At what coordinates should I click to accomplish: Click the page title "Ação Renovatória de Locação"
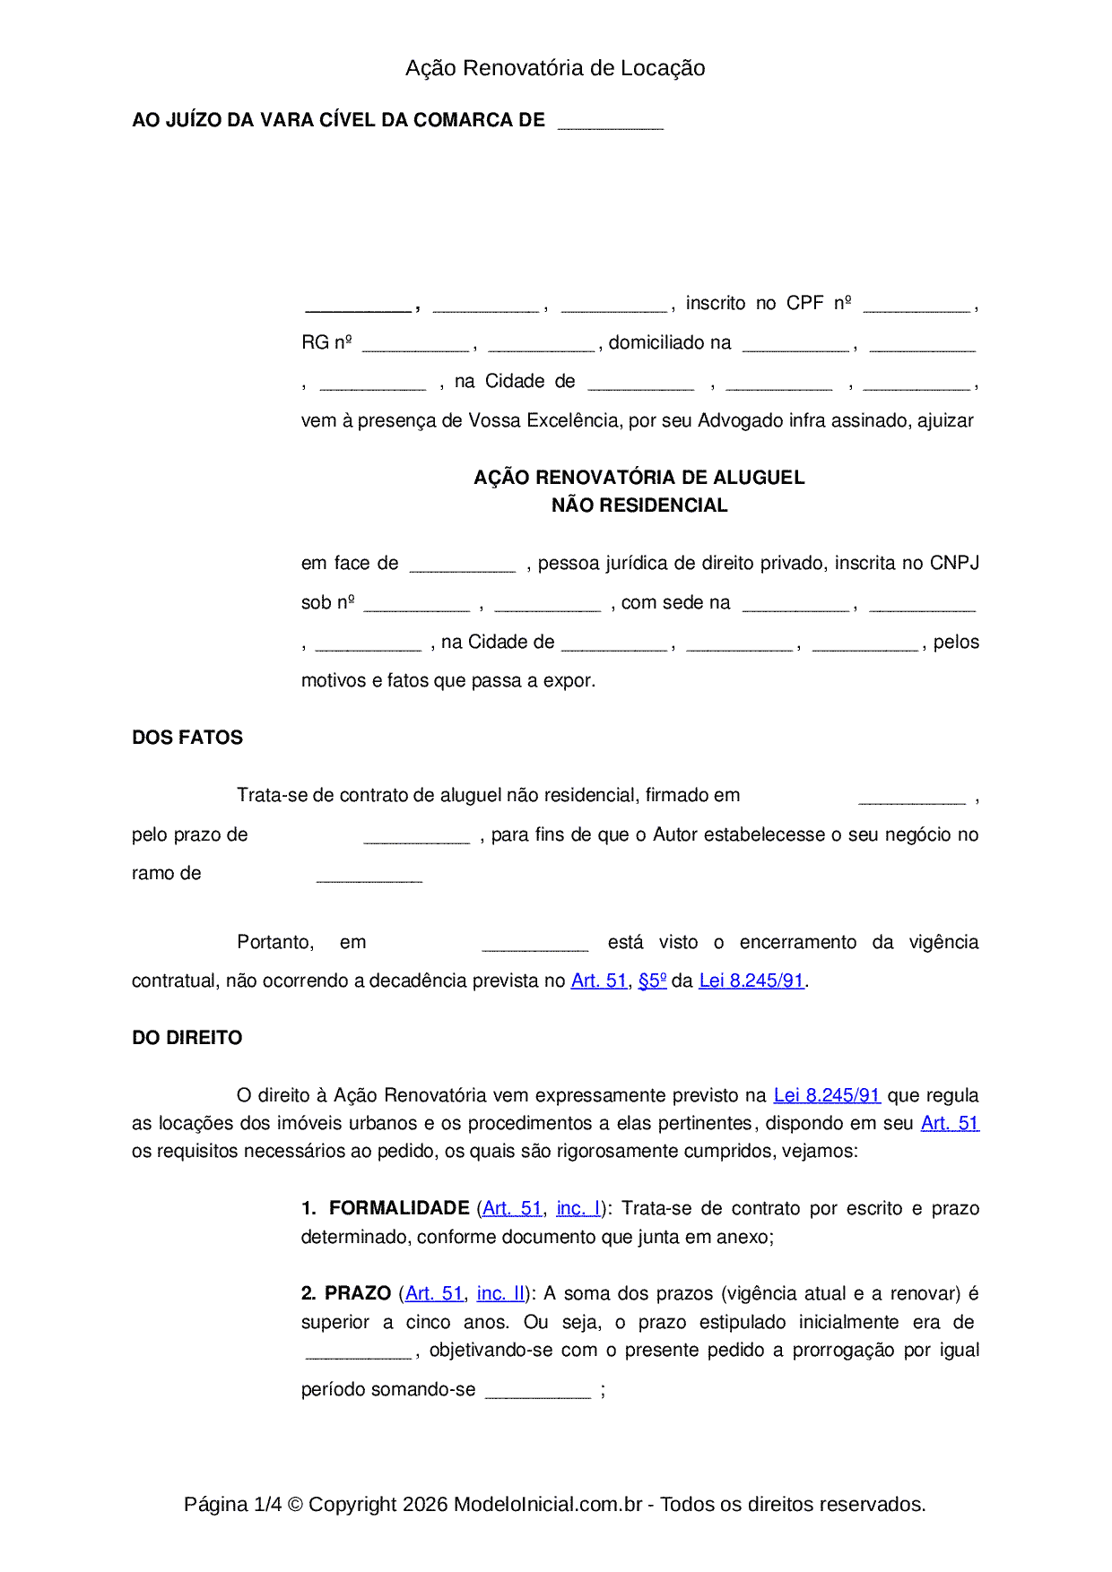coord(555,68)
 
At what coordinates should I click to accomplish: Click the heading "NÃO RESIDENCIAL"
coord(639,505)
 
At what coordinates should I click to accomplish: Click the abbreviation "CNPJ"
coord(954,563)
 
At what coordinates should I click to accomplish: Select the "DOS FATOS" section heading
coord(187,738)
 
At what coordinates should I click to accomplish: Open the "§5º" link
coord(652,980)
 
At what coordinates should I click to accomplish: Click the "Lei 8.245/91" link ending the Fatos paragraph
coord(751,980)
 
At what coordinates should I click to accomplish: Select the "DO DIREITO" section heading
coord(187,1038)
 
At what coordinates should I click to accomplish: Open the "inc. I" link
coord(578,1208)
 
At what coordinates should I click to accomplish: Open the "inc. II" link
coord(500,1293)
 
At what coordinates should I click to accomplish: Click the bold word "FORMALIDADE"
coord(399,1208)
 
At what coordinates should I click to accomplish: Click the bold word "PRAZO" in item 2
coord(358,1293)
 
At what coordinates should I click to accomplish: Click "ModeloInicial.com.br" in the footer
coord(548,1504)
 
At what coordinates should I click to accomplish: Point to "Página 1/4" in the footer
coord(232,1504)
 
